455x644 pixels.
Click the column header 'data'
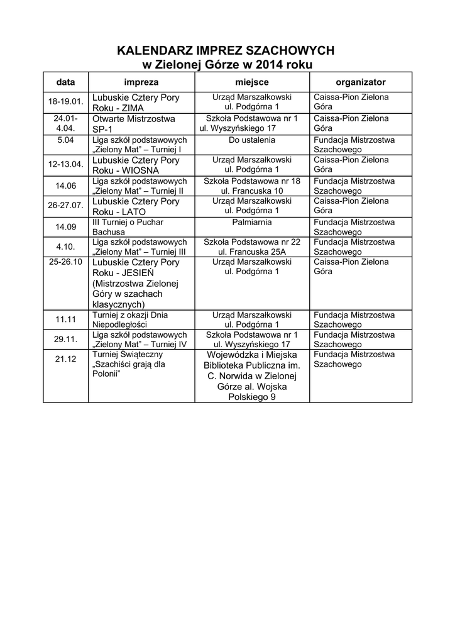click(x=65, y=82)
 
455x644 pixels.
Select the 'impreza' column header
click(x=141, y=82)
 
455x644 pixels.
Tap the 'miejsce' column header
click(x=252, y=82)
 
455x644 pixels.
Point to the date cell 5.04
click(x=65, y=140)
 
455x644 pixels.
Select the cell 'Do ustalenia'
click(x=252, y=140)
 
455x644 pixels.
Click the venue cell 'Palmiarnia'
click(x=252, y=222)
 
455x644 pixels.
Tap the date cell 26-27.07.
click(x=65, y=206)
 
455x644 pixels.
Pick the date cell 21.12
click(x=65, y=359)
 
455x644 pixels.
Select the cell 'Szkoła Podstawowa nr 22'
click(x=252, y=242)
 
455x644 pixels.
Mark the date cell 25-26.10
click(x=65, y=262)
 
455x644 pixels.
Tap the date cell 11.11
click(x=65, y=319)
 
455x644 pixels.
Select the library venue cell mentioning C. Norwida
click(x=252, y=375)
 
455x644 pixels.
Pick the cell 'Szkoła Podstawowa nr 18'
click(x=252, y=181)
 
